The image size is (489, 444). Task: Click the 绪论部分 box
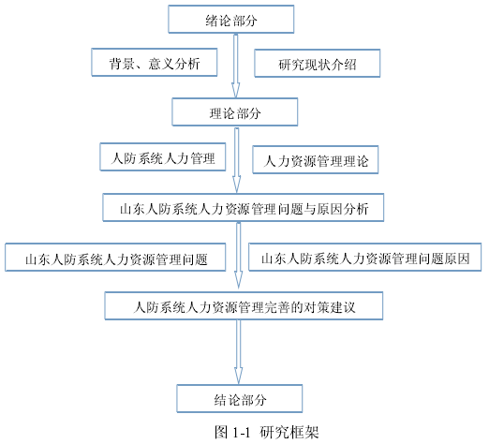(231, 19)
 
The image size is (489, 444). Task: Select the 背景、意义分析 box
(155, 62)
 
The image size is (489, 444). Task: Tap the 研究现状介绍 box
(318, 63)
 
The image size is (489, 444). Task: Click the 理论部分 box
(235, 112)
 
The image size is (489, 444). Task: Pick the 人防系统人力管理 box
(163, 157)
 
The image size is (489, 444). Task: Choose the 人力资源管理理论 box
(316, 159)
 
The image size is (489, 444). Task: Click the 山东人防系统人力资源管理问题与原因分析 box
(244, 208)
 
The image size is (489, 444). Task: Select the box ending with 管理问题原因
(365, 257)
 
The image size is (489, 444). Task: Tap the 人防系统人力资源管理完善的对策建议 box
(244, 306)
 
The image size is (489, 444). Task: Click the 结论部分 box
(240, 399)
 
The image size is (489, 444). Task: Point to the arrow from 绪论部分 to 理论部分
(236, 66)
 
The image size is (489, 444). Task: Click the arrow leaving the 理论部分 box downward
(237, 160)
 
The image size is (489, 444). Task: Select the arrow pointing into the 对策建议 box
(239, 256)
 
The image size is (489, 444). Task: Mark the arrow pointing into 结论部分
(239, 352)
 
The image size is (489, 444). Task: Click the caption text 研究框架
(289, 432)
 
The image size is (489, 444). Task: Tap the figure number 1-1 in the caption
(242, 433)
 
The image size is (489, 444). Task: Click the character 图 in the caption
(221, 432)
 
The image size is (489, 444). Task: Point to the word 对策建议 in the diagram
(330, 307)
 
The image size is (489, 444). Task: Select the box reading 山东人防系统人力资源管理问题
(115, 258)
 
